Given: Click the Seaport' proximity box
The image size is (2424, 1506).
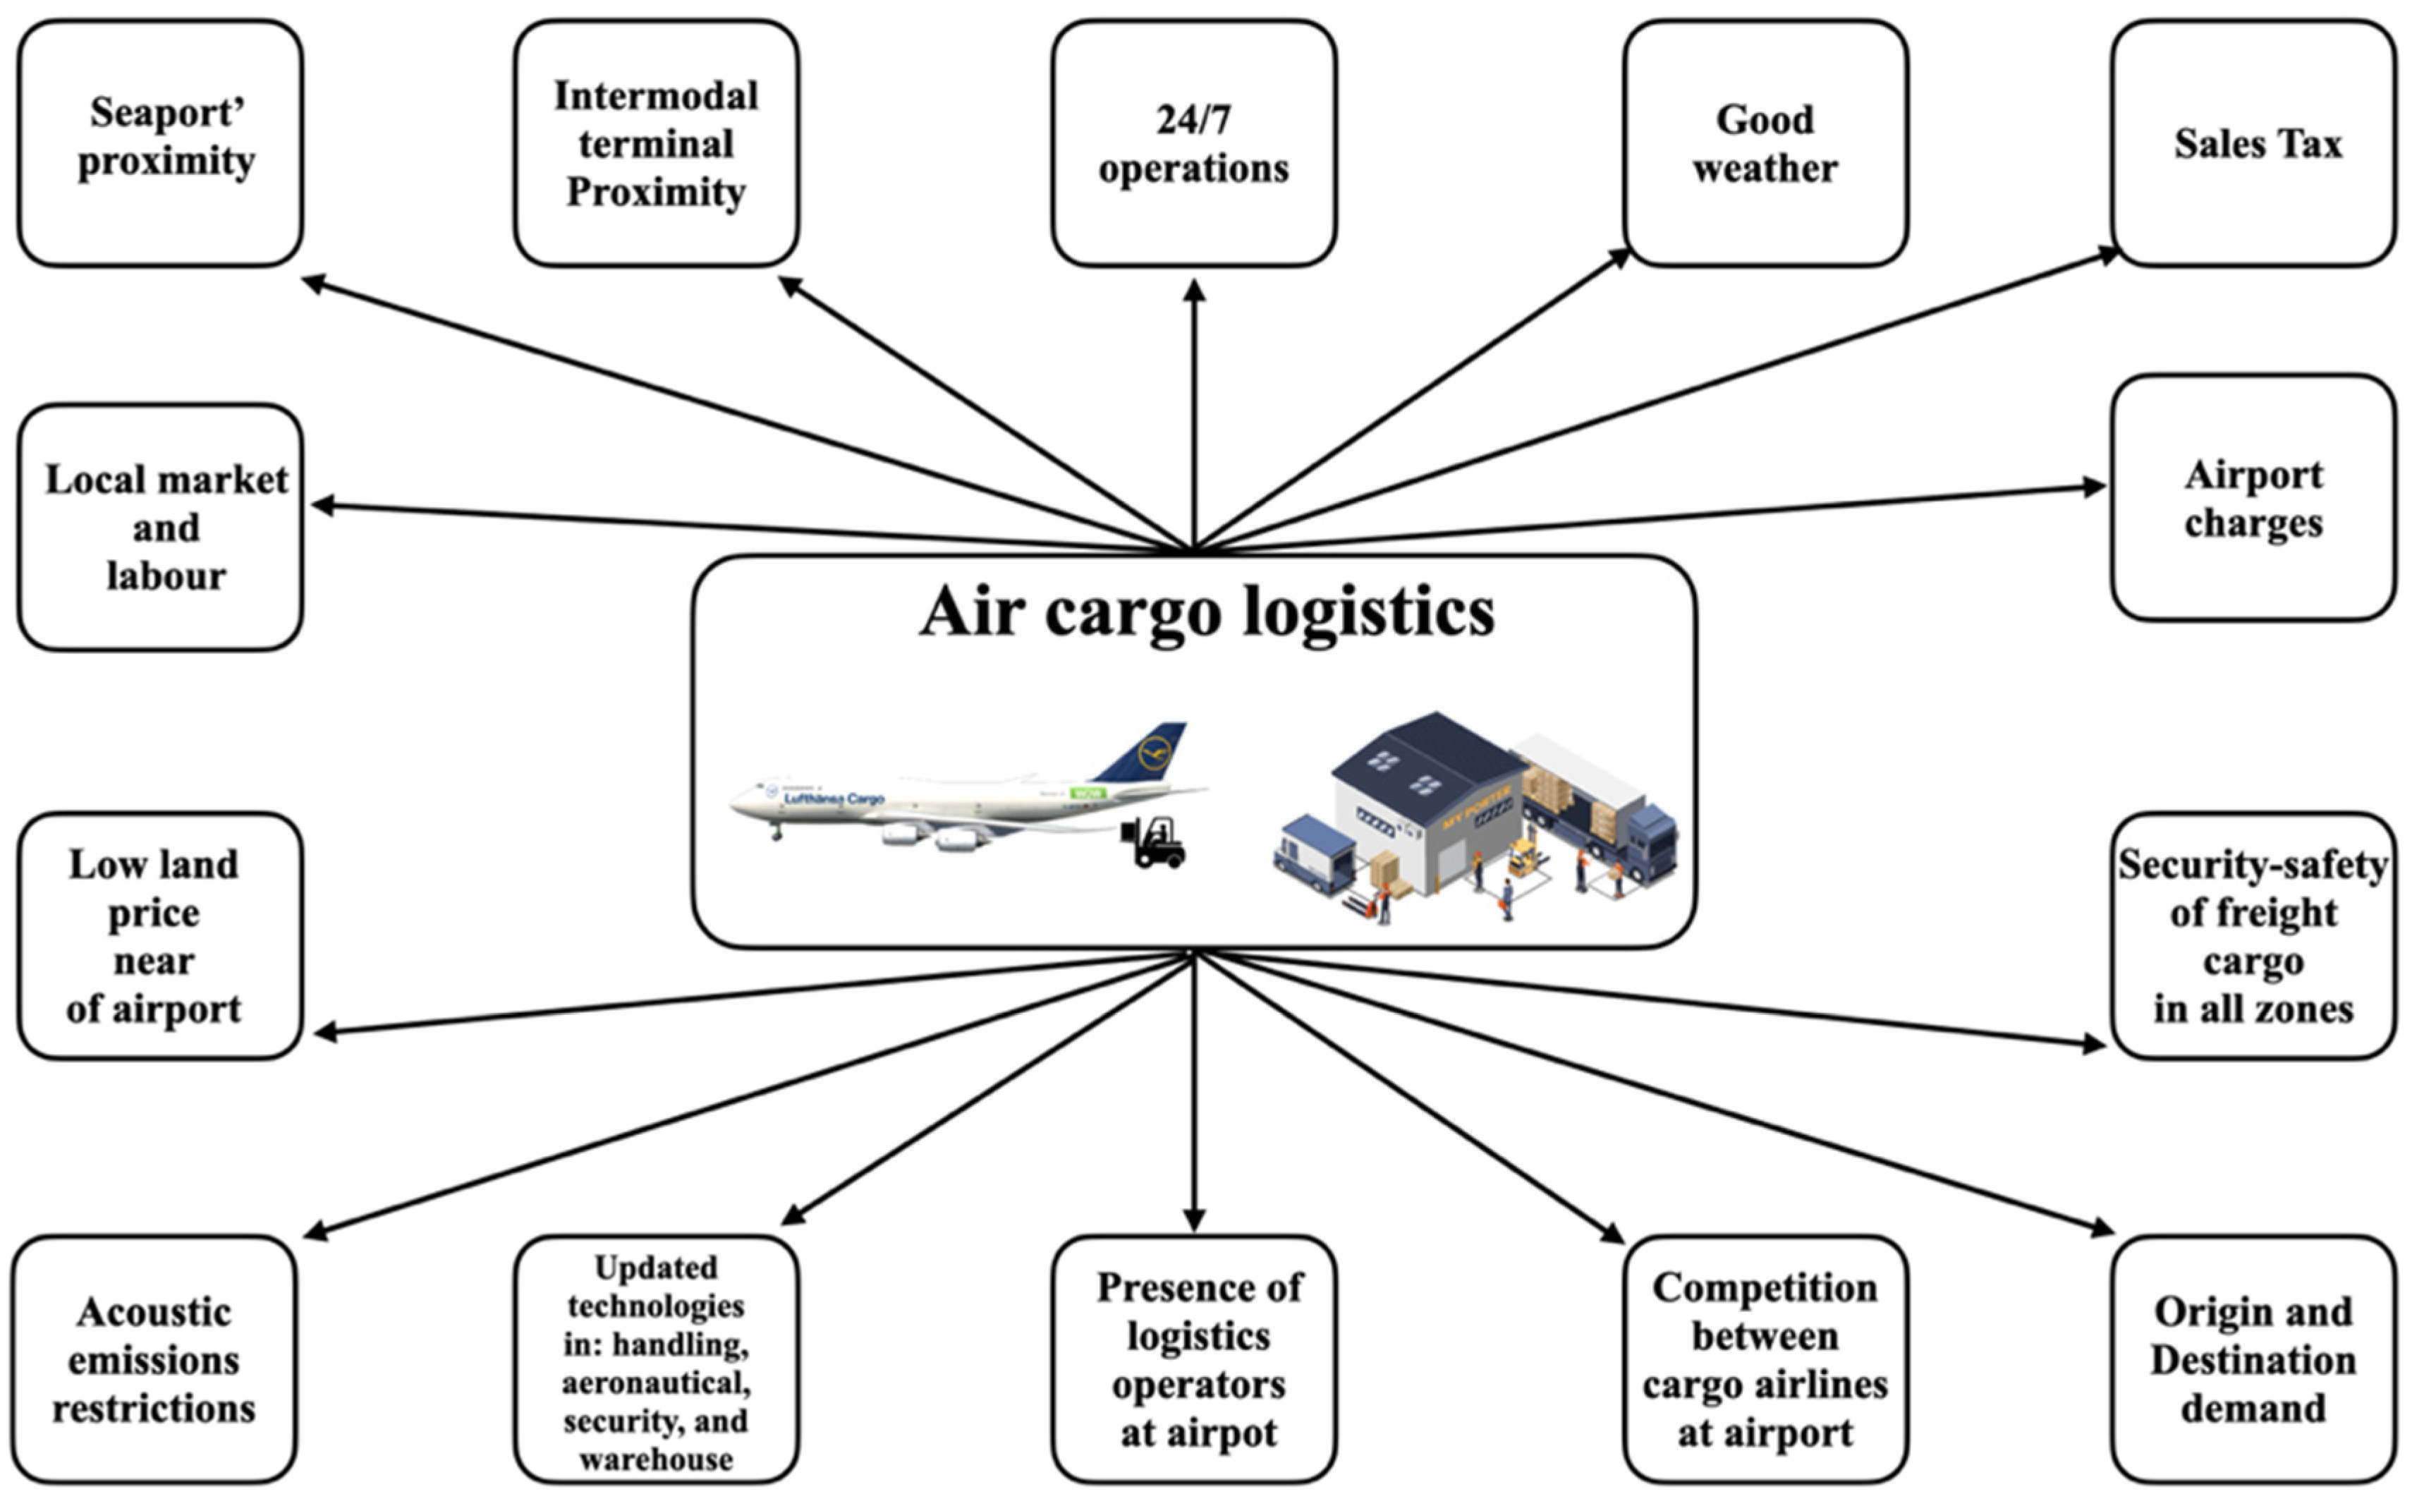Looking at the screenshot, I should click(x=160, y=143).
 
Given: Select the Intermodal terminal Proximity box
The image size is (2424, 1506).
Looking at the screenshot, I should click(x=657, y=143).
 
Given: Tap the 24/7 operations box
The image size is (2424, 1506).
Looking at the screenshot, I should click(x=1193, y=143).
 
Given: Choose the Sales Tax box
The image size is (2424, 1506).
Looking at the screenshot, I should click(x=2254, y=143).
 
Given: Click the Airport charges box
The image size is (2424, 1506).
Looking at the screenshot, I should click(x=2254, y=498).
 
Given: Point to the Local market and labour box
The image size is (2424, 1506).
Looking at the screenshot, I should click(x=160, y=528).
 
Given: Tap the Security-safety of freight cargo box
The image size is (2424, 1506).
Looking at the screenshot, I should click(x=2254, y=936).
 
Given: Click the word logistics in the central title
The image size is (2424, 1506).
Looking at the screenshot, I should click(x=1370, y=612).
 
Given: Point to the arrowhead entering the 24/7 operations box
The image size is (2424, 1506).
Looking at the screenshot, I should click(x=1194, y=290).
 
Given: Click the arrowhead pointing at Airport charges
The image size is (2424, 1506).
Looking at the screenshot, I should click(x=2093, y=487).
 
